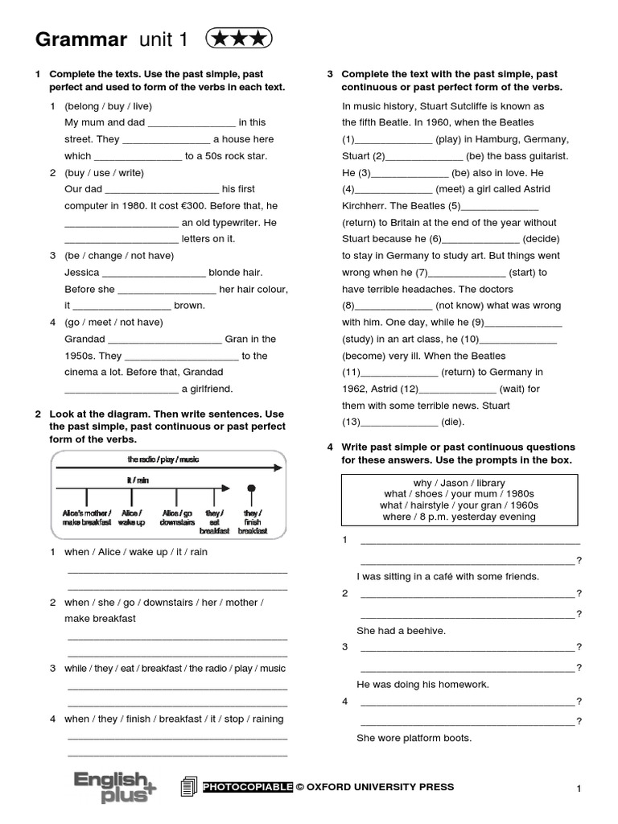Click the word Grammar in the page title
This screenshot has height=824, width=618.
pyautogui.click(x=81, y=39)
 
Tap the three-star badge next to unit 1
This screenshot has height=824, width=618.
pyautogui.click(x=239, y=38)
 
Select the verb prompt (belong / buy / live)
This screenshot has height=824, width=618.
pyautogui.click(x=109, y=106)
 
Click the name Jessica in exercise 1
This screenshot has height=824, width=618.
pyautogui.click(x=81, y=273)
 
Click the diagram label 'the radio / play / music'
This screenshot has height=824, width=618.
pyautogui.click(x=163, y=459)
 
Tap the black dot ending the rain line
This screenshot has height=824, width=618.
pyautogui.click(x=252, y=488)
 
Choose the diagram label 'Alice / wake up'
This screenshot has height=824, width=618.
pyautogui.click(x=132, y=517)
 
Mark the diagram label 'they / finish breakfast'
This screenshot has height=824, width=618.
pyautogui.click(x=252, y=521)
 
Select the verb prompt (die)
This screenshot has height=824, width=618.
pyautogui.click(x=453, y=422)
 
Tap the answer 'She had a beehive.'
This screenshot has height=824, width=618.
pyautogui.click(x=401, y=631)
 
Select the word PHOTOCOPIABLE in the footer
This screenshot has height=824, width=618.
pyautogui.click(x=247, y=787)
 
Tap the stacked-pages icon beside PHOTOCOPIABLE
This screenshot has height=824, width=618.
pyautogui.click(x=189, y=787)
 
